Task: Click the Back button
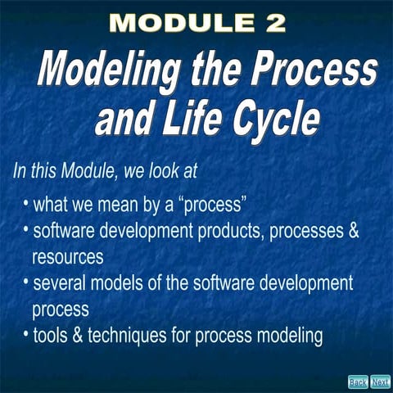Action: coord(358,382)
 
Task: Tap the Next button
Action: coord(380,382)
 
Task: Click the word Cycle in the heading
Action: coord(273,120)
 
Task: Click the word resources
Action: coord(68,256)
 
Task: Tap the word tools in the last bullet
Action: coord(49,335)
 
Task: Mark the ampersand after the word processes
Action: coord(353,230)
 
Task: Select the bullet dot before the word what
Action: coord(26,201)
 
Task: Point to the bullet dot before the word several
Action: coord(26,282)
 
